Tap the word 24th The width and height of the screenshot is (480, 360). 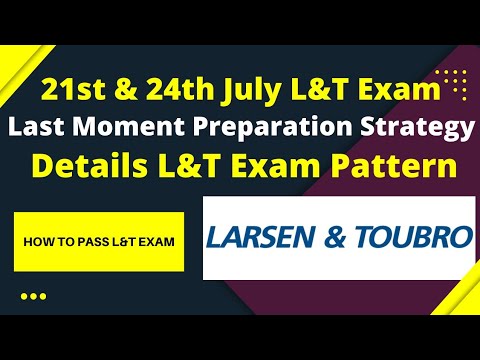pyautogui.click(x=163, y=92)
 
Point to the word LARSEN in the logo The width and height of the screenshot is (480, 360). pyautogui.click(x=267, y=238)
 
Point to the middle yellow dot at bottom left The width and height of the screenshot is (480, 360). pyautogui.click(x=33, y=296)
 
